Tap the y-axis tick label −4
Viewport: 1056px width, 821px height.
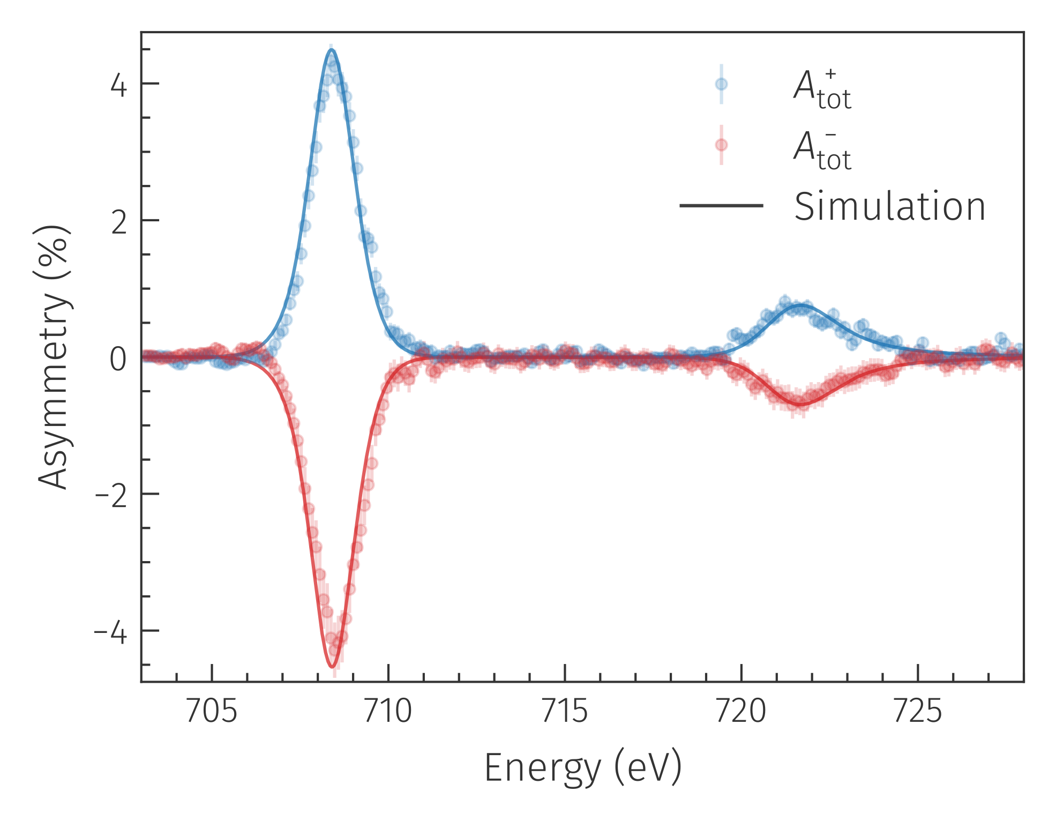point(111,633)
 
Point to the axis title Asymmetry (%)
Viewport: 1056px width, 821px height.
point(54,357)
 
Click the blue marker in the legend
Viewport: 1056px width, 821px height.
point(721,84)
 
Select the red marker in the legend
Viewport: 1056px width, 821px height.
point(721,145)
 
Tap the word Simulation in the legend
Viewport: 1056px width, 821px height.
point(889,206)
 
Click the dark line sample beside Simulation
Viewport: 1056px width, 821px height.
point(721,205)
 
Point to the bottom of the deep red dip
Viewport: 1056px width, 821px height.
point(332,667)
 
